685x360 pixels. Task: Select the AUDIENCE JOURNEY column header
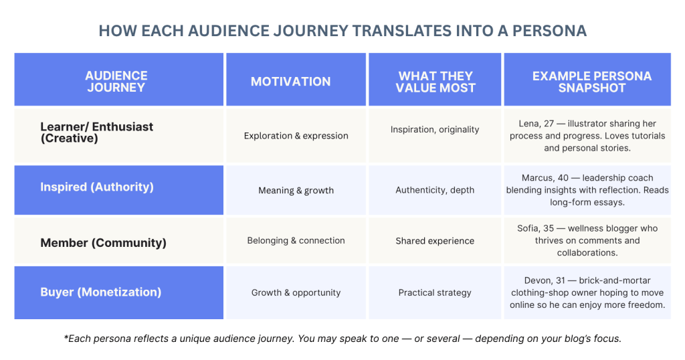(116, 81)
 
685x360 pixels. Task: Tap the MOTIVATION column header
(290, 81)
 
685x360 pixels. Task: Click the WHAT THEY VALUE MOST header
(435, 81)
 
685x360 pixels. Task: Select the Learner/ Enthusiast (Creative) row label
(96, 132)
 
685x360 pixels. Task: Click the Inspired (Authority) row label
(96, 187)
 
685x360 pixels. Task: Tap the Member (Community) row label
(103, 242)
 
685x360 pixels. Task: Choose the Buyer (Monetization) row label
(100, 292)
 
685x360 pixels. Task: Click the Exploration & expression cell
(296, 136)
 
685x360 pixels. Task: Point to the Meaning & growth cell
(296, 190)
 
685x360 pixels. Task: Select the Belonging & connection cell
(296, 240)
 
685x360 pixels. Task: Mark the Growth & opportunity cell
(296, 292)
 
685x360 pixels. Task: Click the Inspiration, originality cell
(435, 129)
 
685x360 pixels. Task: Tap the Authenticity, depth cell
(435, 190)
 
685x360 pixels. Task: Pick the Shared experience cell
(435, 240)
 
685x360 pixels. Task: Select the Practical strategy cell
(435, 292)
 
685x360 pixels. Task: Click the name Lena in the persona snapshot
(529, 124)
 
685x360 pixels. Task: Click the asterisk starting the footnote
(66, 337)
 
